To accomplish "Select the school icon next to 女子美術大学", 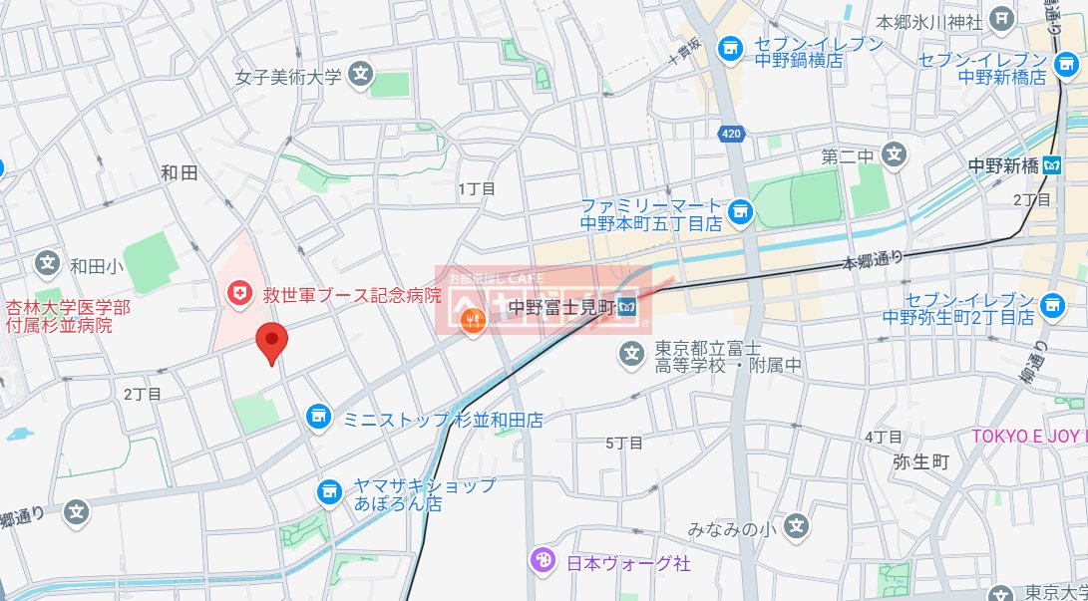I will (x=362, y=75).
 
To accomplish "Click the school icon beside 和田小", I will (x=47, y=264).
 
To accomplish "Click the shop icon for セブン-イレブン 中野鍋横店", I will (x=731, y=48).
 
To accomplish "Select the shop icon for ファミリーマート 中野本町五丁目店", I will (x=739, y=210).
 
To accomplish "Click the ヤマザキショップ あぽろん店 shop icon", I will (x=329, y=491).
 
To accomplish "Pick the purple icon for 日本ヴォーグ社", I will (x=543, y=561).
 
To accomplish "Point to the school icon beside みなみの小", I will (x=796, y=526).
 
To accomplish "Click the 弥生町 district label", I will (x=921, y=462).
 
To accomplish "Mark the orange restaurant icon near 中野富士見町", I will (x=474, y=320).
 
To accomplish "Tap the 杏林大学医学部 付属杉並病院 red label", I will (x=68, y=316).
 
